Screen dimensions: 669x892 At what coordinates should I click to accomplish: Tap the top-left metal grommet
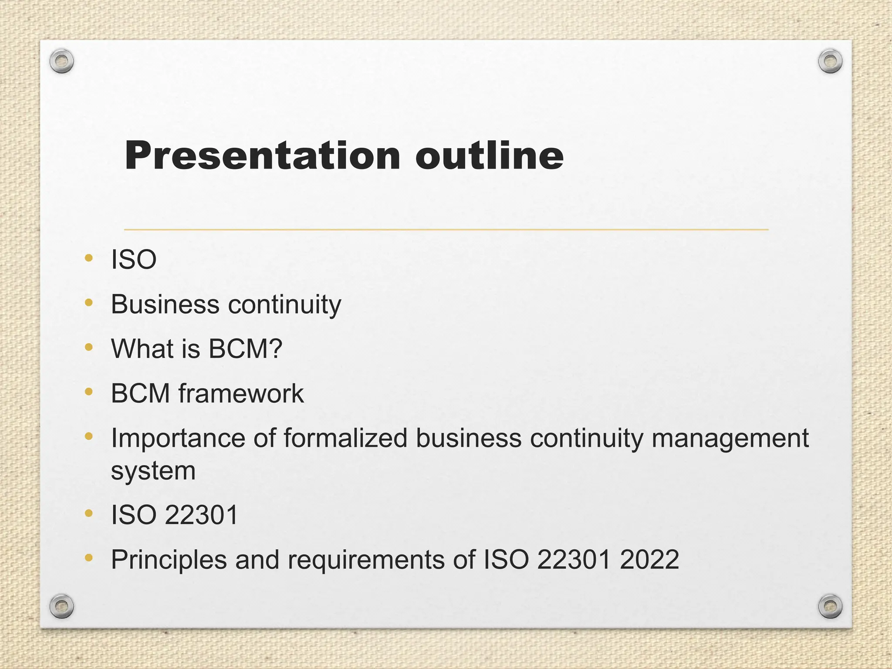[x=61, y=61]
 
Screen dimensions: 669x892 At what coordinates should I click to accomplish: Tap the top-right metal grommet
[x=830, y=61]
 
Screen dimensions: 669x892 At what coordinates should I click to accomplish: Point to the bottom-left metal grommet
[x=61, y=606]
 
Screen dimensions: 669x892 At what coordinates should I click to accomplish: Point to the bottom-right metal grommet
[x=830, y=606]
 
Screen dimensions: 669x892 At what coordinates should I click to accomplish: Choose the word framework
[x=241, y=393]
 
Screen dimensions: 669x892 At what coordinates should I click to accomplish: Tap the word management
[x=730, y=439]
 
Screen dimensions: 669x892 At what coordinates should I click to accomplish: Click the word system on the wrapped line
[x=153, y=471]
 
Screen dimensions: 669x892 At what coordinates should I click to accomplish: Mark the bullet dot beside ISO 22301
[x=89, y=514]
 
